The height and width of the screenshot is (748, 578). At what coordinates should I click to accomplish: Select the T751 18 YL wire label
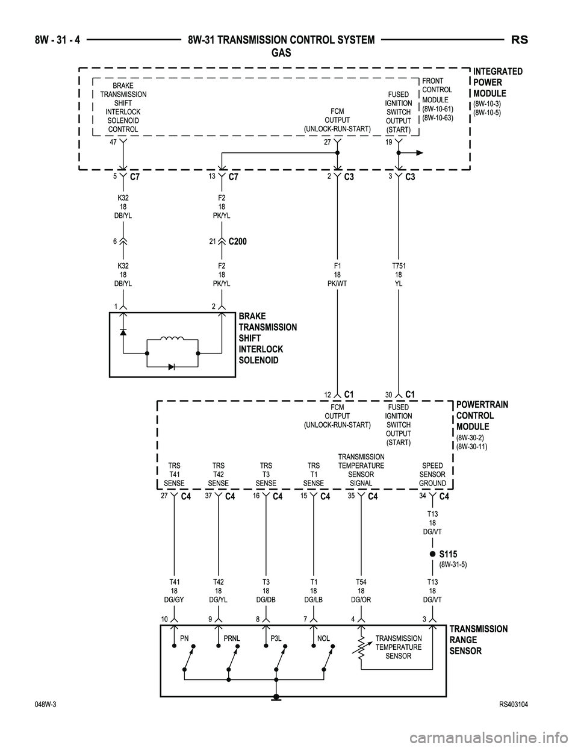398,274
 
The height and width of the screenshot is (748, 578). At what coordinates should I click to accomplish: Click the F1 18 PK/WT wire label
337,274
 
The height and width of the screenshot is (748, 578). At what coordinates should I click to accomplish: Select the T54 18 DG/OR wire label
361,591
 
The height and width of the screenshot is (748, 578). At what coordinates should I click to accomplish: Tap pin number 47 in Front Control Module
113,142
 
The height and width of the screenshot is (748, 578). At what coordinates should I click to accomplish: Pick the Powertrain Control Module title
475,416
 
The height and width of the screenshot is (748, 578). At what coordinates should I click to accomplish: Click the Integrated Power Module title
498,83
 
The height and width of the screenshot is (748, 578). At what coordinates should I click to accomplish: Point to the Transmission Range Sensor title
478,640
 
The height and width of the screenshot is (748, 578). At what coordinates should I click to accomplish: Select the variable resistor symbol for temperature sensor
361,650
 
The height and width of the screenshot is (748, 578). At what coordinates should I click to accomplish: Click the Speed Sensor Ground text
432,475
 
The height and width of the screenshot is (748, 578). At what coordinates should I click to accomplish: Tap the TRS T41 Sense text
174,475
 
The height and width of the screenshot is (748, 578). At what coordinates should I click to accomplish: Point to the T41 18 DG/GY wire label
174,591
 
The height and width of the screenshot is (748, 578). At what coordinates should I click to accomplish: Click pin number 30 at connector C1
389,395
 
